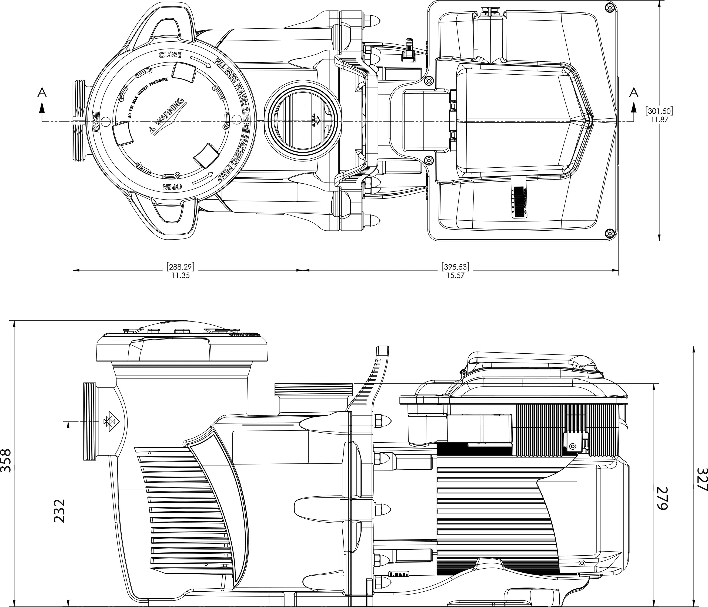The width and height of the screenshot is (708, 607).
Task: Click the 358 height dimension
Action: pos(6,461)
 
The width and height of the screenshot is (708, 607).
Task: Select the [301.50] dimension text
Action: pos(659,111)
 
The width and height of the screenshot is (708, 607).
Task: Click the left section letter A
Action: pos(42,92)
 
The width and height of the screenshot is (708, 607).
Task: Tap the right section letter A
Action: pos(634,92)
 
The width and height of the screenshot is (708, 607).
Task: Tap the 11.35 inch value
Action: pos(181,275)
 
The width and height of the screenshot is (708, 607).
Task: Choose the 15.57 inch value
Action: pos(455,275)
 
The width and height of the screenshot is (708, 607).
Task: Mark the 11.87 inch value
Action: pos(659,120)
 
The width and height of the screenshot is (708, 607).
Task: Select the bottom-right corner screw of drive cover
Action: pos(609,234)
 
